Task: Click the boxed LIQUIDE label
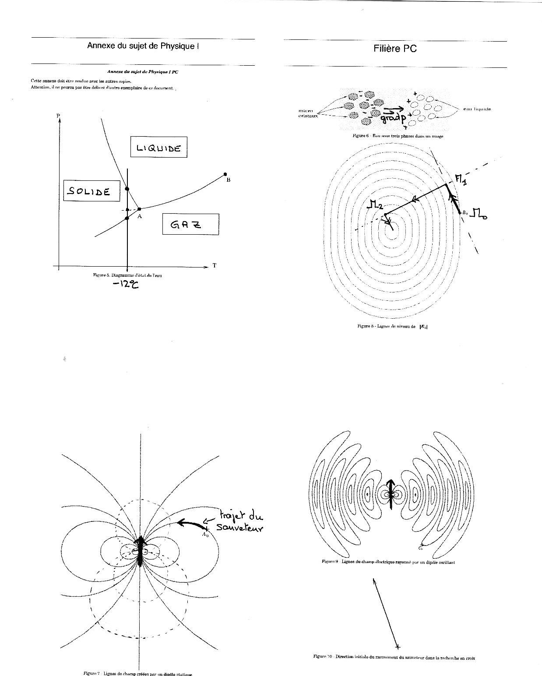[x=158, y=148]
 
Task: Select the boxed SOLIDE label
[x=91, y=191]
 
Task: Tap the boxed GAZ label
[x=190, y=224]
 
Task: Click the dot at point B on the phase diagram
[x=225, y=174]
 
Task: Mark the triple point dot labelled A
[x=139, y=209]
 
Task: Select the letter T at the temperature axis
[x=215, y=265]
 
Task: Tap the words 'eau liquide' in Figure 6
[x=477, y=109]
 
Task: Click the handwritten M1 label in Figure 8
[x=461, y=179]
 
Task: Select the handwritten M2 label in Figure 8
[x=375, y=204]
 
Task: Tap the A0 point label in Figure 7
[x=205, y=534]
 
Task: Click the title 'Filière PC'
[x=395, y=49]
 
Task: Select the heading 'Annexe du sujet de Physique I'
[x=143, y=46]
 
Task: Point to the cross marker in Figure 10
[x=398, y=647]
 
